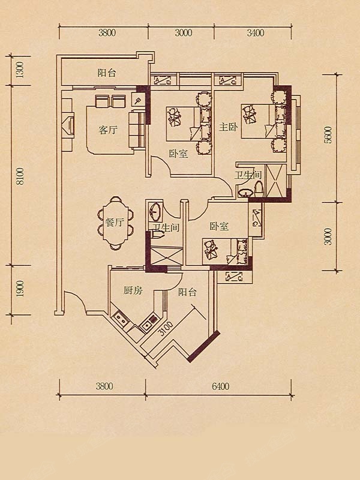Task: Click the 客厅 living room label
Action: pyautogui.click(x=108, y=130)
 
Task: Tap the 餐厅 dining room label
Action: pyautogui.click(x=115, y=222)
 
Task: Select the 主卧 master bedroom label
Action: pyautogui.click(x=228, y=127)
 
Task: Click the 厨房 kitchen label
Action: pyautogui.click(x=133, y=290)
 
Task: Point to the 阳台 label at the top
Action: pyautogui.click(x=107, y=73)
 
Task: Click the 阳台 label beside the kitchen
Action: pyautogui.click(x=187, y=292)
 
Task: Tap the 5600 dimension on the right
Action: pyautogui.click(x=328, y=135)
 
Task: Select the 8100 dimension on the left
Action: pyautogui.click(x=20, y=176)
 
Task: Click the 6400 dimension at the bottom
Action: pyautogui.click(x=220, y=386)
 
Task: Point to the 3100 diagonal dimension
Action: pyautogui.click(x=166, y=328)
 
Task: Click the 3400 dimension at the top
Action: pyautogui.click(x=256, y=33)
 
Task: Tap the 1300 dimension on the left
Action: pyautogui.click(x=20, y=70)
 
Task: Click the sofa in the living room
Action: pyautogui.click(x=137, y=130)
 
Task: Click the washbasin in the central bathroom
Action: pyautogui.click(x=155, y=211)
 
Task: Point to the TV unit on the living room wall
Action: pyautogui.click(x=68, y=124)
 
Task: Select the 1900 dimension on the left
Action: pyautogui.click(x=20, y=289)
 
